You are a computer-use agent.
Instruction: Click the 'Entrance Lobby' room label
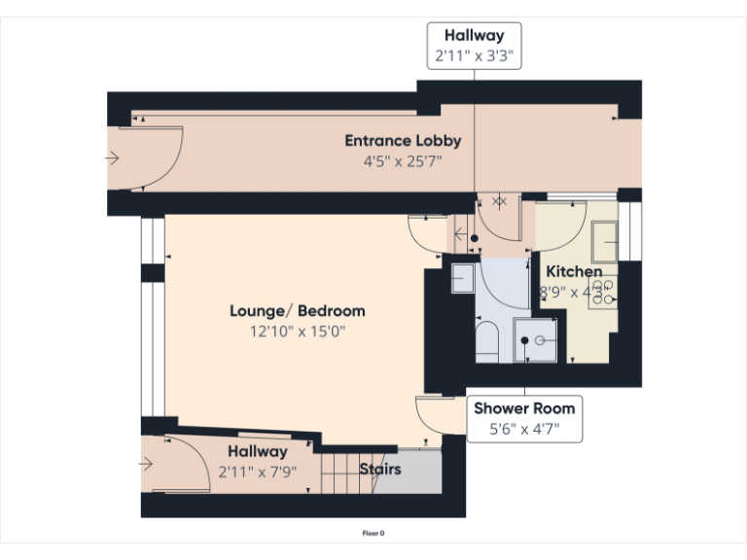point(403,141)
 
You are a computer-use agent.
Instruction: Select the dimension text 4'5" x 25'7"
point(403,160)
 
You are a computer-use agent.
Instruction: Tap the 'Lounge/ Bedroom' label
point(297,311)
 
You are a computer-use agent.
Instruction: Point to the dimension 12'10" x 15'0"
point(297,332)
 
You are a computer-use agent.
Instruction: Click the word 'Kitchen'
point(573,271)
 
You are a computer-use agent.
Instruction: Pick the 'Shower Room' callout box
point(524,418)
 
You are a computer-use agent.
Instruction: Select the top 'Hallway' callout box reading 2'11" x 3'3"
point(475,46)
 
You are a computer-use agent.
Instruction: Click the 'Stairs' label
point(379,470)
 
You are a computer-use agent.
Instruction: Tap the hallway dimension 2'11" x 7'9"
point(257,472)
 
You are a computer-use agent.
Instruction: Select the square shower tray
point(536,340)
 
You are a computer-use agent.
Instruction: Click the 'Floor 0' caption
point(373,533)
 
